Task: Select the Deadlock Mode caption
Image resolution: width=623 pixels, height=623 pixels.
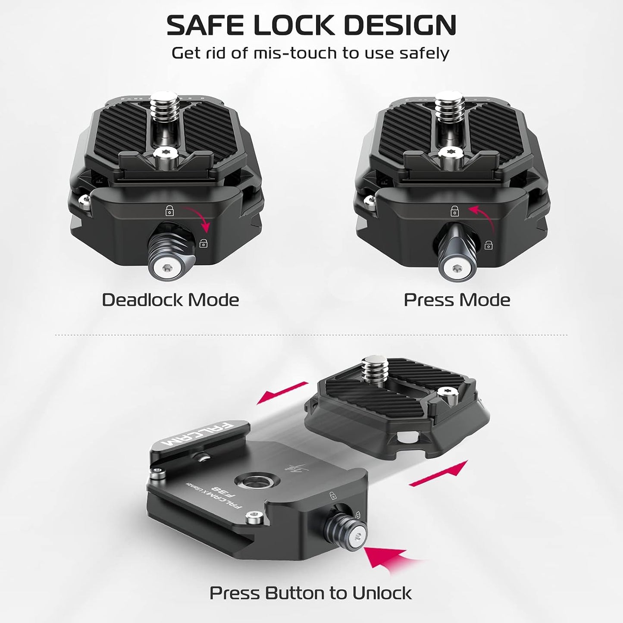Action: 170,300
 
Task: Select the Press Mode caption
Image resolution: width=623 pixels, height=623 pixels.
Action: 457,300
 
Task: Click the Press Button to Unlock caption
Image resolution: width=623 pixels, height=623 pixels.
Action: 310,593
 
